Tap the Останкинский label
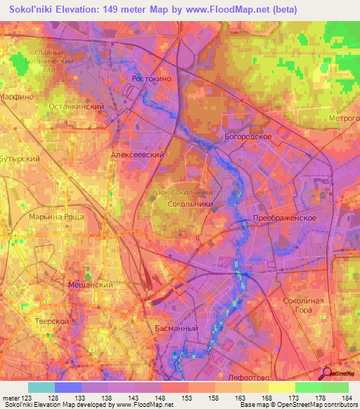click(x=77, y=106)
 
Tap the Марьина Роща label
click(x=56, y=216)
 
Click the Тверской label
click(x=51, y=320)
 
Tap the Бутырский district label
click(x=20, y=160)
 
